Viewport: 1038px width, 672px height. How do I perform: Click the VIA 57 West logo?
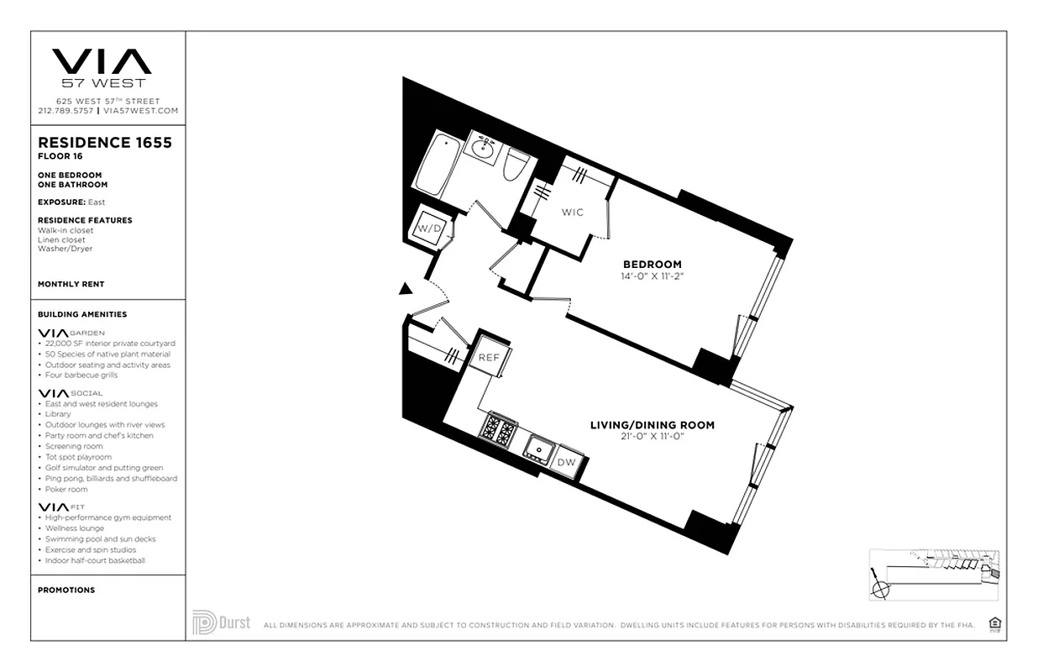(x=102, y=67)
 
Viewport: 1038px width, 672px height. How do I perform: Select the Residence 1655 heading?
(x=105, y=143)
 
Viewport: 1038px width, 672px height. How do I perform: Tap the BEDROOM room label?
(x=653, y=264)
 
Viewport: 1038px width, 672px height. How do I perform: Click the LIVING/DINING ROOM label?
(x=652, y=425)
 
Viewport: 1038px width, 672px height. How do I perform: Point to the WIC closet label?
(x=572, y=213)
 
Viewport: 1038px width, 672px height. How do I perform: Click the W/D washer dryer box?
(x=431, y=228)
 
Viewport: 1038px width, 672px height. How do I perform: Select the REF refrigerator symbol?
(x=489, y=357)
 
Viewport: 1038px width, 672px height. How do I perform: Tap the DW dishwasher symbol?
(x=567, y=462)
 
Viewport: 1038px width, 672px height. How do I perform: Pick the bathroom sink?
(x=481, y=150)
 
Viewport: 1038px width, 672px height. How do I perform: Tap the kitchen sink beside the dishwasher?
(x=537, y=449)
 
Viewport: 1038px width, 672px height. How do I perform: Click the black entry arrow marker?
(x=405, y=290)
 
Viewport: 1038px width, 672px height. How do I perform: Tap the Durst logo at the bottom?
(x=221, y=622)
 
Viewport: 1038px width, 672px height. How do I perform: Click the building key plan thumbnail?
(x=934, y=574)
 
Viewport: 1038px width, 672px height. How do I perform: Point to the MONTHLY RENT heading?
(x=71, y=285)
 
